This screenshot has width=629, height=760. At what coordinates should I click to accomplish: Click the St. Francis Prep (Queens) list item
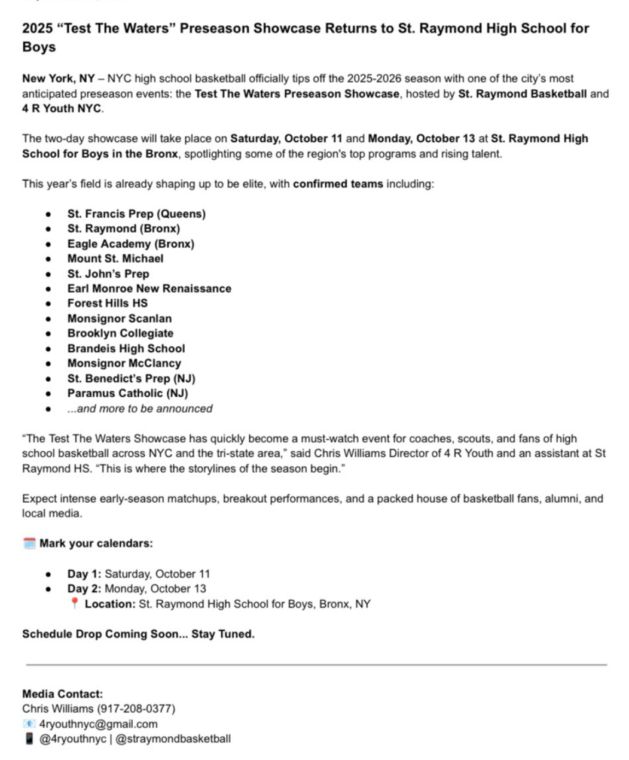(x=136, y=214)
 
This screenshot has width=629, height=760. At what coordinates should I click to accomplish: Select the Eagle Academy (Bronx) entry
(x=130, y=244)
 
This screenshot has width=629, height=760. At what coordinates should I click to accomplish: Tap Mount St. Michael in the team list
(x=115, y=259)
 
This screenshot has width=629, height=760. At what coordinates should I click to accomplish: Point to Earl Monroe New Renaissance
(x=149, y=288)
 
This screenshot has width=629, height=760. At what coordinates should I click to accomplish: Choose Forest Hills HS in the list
(x=107, y=303)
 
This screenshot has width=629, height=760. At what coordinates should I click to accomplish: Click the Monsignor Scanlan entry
(x=119, y=318)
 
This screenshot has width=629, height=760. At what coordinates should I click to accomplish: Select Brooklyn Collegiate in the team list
(x=120, y=333)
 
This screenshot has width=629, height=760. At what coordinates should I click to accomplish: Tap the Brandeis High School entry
(x=126, y=348)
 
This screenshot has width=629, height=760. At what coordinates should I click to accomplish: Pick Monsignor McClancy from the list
(x=124, y=363)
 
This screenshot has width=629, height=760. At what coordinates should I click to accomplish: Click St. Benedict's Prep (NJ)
(x=131, y=378)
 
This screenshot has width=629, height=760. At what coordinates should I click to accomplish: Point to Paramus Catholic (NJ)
(x=127, y=393)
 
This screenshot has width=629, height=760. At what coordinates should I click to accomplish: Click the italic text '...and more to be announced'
(x=140, y=409)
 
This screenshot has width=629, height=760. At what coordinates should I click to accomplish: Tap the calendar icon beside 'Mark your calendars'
(x=29, y=543)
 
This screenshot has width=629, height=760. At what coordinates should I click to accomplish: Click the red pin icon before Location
(x=74, y=603)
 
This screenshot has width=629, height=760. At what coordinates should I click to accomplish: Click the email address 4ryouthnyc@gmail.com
(x=98, y=724)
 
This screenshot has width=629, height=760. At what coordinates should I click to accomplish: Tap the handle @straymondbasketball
(x=173, y=739)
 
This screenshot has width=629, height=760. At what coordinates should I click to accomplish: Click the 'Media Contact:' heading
(x=62, y=694)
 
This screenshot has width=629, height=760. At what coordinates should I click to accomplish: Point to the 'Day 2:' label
(x=84, y=589)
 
